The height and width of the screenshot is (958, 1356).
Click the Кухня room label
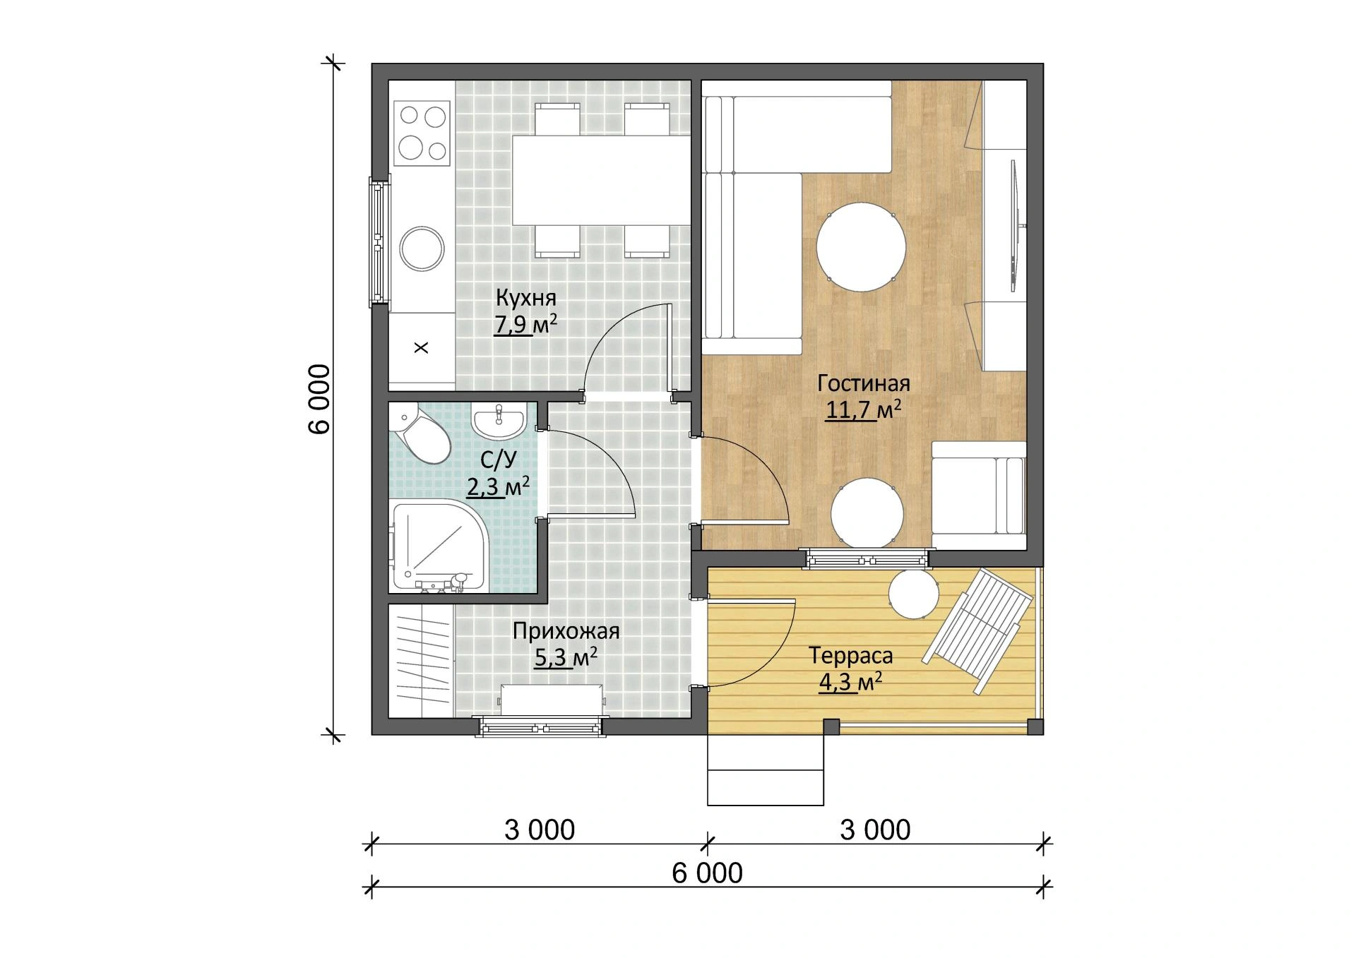525,298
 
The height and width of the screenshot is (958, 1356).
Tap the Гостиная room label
864,383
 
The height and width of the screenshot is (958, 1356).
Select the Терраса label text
851,657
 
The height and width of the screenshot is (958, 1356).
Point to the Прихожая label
566,630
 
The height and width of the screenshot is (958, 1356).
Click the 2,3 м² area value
498,486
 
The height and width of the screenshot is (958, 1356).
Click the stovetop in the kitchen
422,132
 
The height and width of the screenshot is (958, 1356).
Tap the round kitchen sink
422,249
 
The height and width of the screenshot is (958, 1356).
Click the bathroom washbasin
499,422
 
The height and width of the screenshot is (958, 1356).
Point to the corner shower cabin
438,547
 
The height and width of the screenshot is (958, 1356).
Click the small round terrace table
913,594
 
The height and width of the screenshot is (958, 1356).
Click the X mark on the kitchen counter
421,347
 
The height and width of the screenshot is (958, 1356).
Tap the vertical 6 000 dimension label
319,400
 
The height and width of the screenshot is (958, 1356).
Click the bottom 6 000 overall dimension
708,873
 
